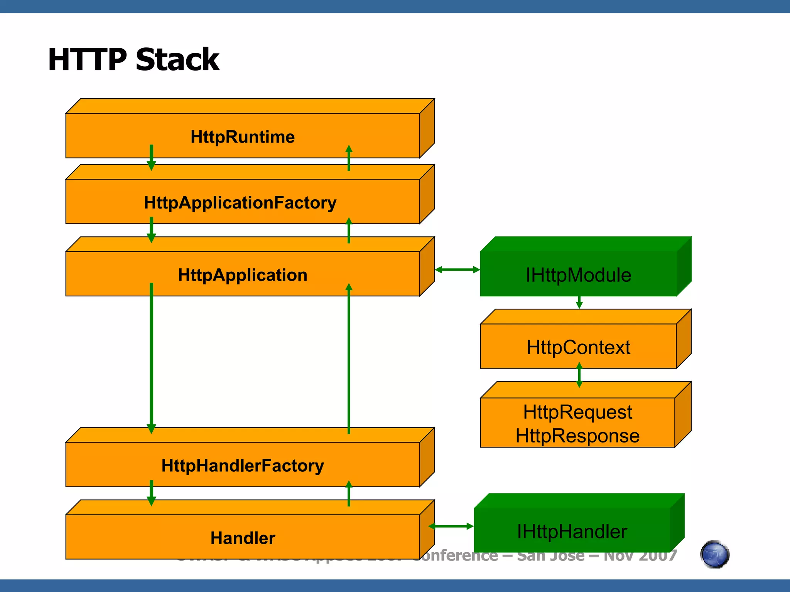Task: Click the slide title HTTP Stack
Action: click(x=133, y=60)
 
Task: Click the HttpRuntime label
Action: click(x=243, y=137)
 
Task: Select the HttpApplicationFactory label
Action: click(x=240, y=203)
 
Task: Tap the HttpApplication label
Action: click(x=243, y=275)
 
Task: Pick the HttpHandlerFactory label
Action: click(x=243, y=466)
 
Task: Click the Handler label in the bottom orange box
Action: click(x=243, y=538)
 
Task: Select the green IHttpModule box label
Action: click(x=578, y=275)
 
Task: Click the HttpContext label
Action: click(x=578, y=347)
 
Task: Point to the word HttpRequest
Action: click(x=577, y=412)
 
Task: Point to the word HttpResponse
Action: click(x=577, y=436)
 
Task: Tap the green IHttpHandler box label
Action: click(x=572, y=531)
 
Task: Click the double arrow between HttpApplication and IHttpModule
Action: click(x=457, y=270)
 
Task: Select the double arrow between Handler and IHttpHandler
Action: click(x=451, y=526)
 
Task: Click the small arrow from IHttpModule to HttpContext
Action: click(x=579, y=303)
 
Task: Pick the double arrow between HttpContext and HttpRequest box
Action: click(x=579, y=375)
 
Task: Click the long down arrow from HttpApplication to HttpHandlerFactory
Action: click(x=151, y=358)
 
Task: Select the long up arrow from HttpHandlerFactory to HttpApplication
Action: click(x=349, y=358)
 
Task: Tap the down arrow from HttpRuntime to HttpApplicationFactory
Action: click(x=151, y=158)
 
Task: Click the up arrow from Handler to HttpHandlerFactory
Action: click(x=349, y=493)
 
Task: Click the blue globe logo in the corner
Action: click(x=714, y=555)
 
